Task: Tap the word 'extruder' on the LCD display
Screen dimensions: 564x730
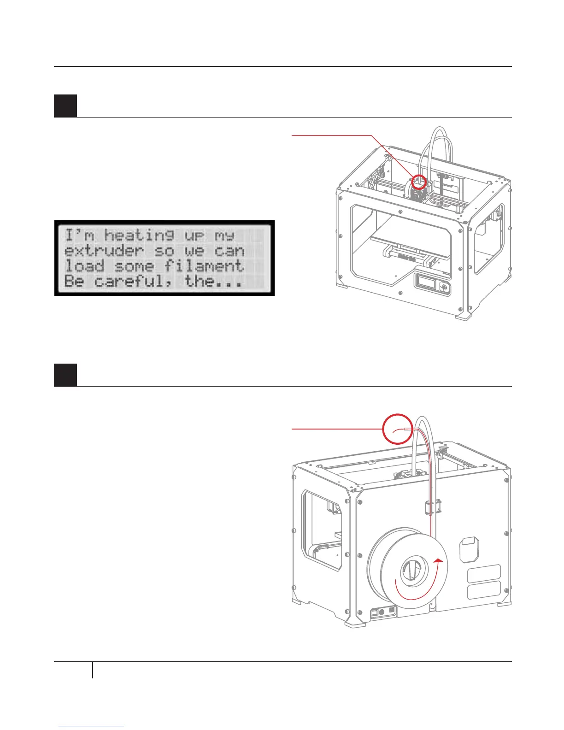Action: click(104, 251)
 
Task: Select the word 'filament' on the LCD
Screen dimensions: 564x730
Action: click(204, 266)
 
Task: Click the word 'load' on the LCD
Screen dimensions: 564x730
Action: click(84, 266)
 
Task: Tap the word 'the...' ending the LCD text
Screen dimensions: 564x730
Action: click(213, 282)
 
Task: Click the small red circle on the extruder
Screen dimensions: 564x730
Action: click(418, 182)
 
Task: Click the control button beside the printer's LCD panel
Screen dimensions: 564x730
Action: click(444, 287)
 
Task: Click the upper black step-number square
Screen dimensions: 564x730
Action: click(65, 106)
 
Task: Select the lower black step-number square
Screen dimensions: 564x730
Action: click(65, 375)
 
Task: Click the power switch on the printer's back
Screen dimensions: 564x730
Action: click(376, 612)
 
